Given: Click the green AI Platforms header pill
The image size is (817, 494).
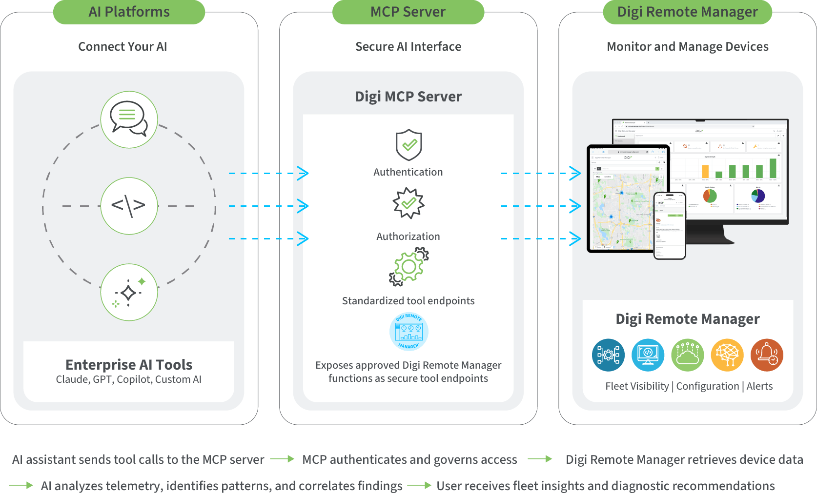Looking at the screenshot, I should pos(129,12).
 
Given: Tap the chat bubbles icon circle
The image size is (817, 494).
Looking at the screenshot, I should pos(129,119).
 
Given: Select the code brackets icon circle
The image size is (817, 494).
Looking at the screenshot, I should pos(129,206).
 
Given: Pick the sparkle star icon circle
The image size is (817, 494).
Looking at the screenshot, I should pos(129,293).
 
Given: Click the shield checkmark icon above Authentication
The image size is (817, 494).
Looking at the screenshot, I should pos(408,145).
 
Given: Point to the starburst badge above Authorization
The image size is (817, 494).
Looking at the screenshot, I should pos(408,203).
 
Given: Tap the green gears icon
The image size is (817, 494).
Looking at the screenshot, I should pos(409,266).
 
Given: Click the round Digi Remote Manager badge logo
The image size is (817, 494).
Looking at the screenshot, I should pos(408,332).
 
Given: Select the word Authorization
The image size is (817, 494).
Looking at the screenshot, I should pos(408,237).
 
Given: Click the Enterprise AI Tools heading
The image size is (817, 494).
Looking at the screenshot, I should pos(129,365).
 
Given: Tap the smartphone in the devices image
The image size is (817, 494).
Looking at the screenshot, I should pos(670,225).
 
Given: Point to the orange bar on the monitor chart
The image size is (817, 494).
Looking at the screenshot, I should pos(705,171).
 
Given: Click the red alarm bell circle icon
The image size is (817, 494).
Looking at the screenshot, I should pos(767,355).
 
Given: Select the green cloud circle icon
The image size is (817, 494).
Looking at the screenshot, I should pos(688,355).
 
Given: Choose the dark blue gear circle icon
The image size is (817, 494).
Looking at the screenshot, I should pos(608,355).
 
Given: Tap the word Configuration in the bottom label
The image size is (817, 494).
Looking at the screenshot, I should pos(707,386).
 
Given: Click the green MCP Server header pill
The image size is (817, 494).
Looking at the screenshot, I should pos(408,12).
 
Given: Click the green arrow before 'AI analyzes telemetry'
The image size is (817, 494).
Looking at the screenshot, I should pos(21,485).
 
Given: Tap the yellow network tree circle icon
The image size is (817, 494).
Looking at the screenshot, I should pos(727,355).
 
